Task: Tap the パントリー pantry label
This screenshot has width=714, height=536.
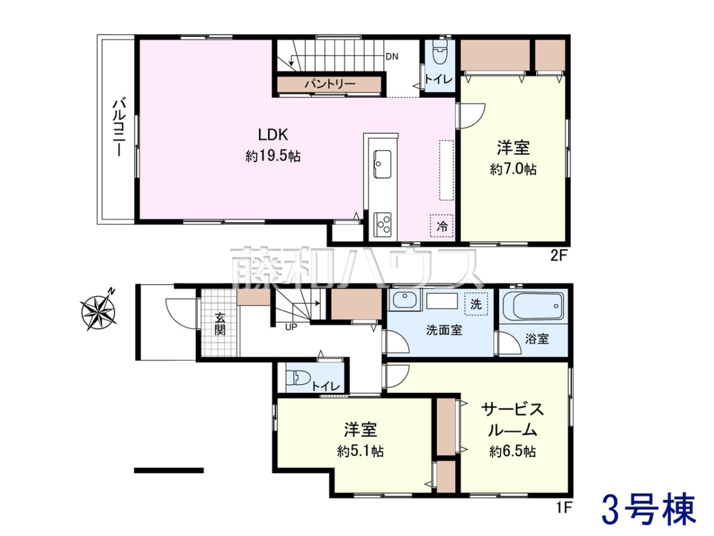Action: (x=330, y=85)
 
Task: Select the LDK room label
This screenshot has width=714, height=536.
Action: (x=273, y=135)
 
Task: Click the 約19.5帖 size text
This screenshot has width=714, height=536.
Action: (x=273, y=157)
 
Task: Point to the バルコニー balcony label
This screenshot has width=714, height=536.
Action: (x=119, y=129)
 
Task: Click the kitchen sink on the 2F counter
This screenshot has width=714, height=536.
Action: (x=382, y=164)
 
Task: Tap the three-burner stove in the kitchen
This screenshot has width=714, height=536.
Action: (x=383, y=224)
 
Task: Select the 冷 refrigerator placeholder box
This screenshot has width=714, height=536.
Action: (x=441, y=226)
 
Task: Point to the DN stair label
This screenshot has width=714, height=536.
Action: (x=392, y=57)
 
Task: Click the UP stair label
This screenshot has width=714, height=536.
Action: (x=291, y=327)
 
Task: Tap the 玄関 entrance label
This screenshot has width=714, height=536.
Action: (x=220, y=325)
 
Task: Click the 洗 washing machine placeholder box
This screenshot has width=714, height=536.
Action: (x=476, y=304)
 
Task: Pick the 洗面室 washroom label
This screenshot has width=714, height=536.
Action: (x=444, y=331)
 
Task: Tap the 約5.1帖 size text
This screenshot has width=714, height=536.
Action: (x=361, y=451)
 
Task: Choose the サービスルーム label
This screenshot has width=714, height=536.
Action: (x=512, y=419)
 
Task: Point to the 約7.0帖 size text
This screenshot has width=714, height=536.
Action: (x=513, y=169)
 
